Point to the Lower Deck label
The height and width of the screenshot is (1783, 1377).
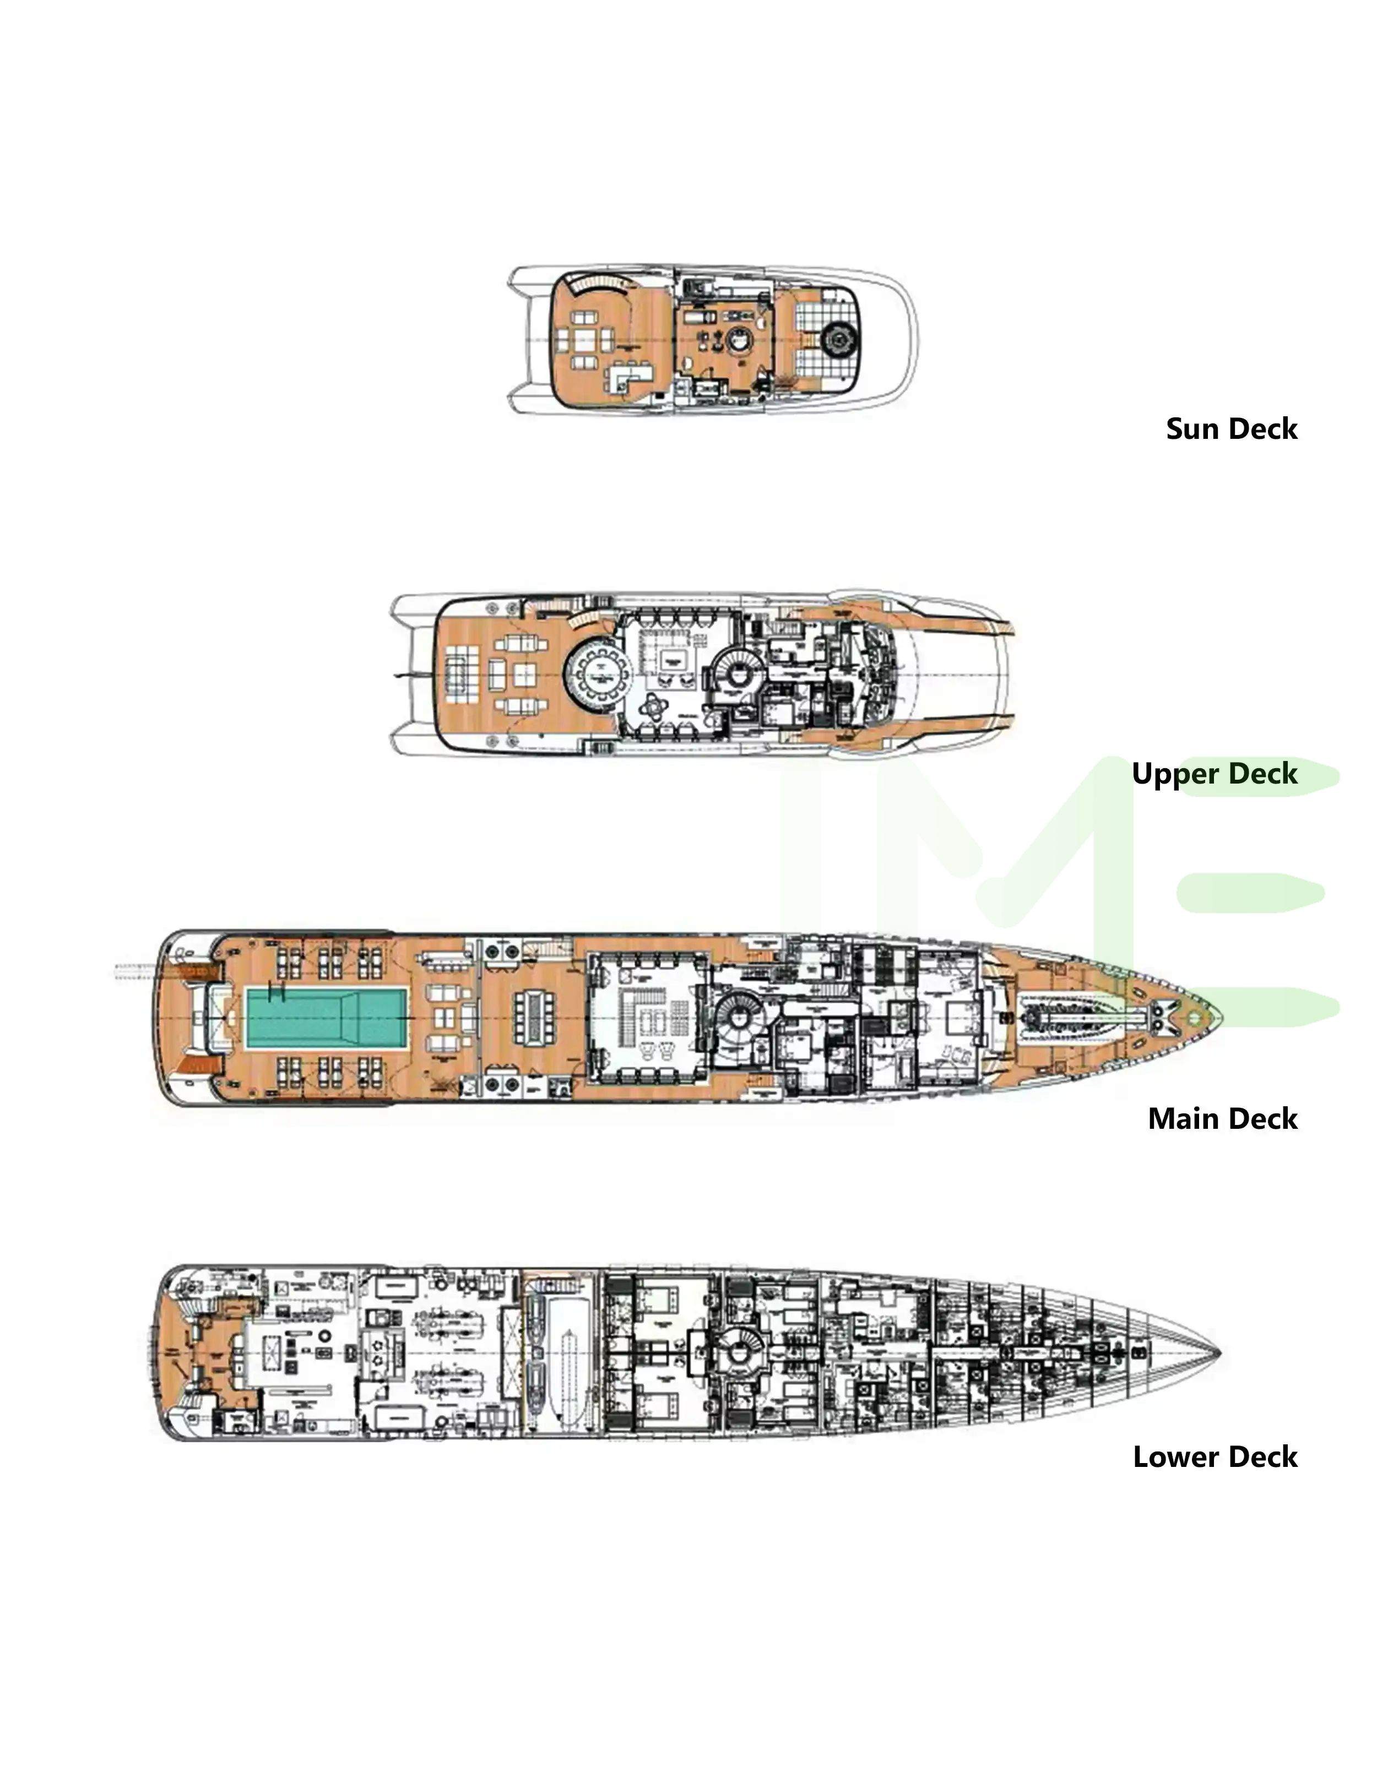(1215, 1456)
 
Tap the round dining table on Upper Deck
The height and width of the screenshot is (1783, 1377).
(601, 677)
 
